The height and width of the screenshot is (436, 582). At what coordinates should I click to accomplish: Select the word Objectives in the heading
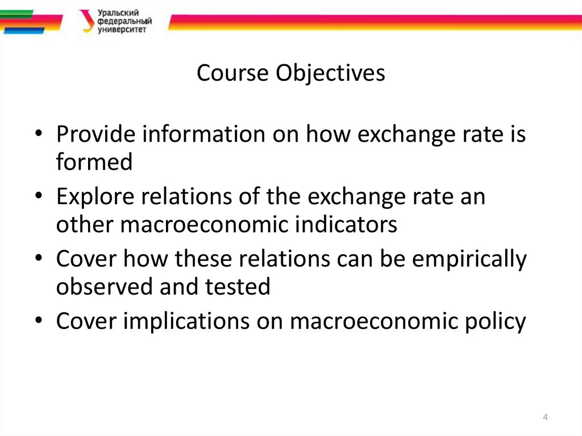pos(330,73)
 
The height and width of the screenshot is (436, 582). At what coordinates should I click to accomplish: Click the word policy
pos(492,321)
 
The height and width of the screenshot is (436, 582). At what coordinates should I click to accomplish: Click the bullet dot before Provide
pos(38,135)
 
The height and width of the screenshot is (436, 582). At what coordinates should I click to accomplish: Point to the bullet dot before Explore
pos(38,198)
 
